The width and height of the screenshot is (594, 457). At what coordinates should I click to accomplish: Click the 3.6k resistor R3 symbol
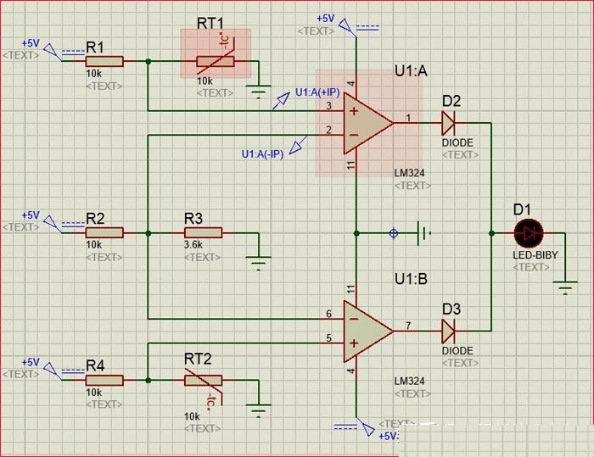pyautogui.click(x=204, y=232)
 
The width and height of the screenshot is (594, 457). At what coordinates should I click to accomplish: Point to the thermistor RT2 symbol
pyautogui.click(x=204, y=381)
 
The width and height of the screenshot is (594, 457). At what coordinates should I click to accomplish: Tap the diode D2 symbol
pyautogui.click(x=448, y=123)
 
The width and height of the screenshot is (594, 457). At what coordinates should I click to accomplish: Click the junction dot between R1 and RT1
pyautogui.click(x=148, y=61)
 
